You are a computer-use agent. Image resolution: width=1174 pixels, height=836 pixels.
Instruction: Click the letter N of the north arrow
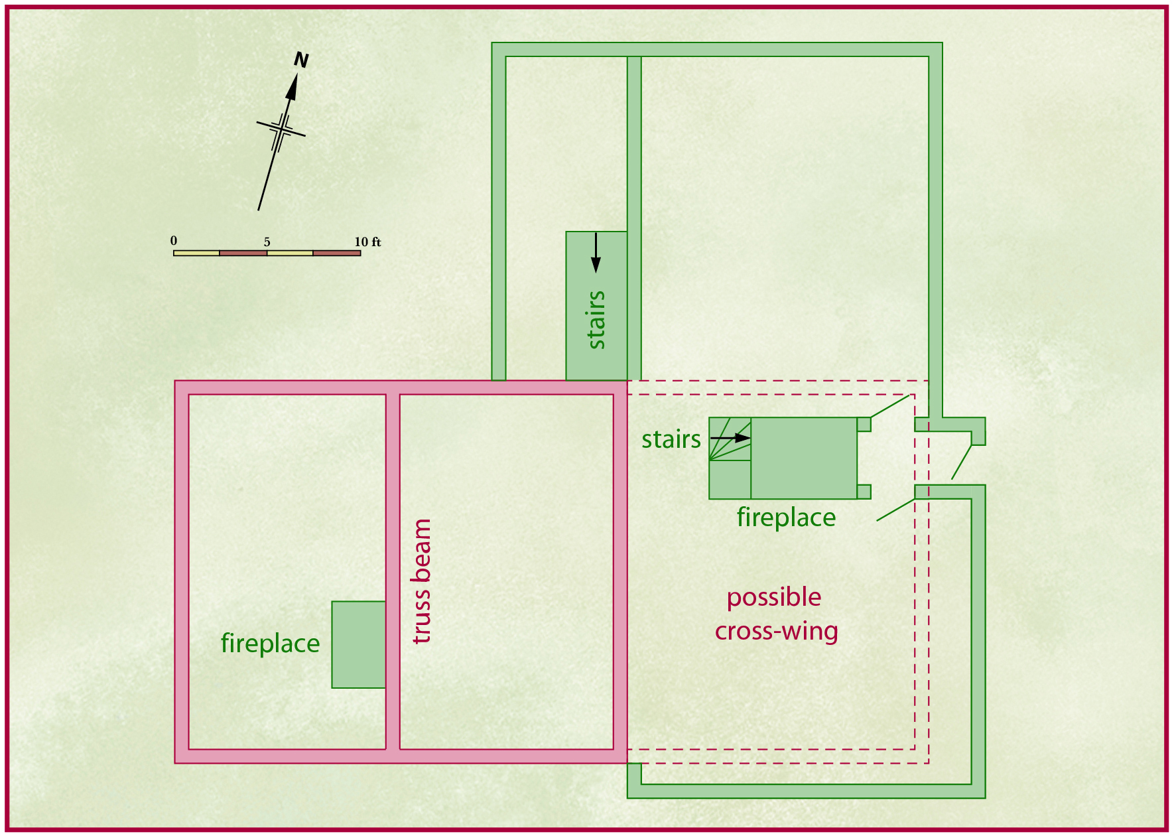pyautogui.click(x=301, y=60)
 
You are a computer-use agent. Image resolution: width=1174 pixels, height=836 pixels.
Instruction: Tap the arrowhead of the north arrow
pyautogui.click(x=292, y=87)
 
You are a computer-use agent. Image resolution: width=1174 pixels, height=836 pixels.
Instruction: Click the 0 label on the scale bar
pyautogui.click(x=174, y=241)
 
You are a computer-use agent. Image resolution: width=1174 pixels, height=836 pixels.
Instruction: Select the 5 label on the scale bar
pyautogui.click(x=267, y=242)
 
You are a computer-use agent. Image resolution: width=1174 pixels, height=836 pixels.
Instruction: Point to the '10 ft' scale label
pyautogui.click(x=367, y=242)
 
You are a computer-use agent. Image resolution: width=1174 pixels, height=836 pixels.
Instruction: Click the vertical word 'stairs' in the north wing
pyautogui.click(x=596, y=320)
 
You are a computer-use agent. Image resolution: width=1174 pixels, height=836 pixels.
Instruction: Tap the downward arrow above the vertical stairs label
pyautogui.click(x=596, y=253)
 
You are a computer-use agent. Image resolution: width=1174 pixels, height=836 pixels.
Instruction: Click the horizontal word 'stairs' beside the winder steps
pyautogui.click(x=671, y=439)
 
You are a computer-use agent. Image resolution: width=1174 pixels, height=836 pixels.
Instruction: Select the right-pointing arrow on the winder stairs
pyautogui.click(x=730, y=438)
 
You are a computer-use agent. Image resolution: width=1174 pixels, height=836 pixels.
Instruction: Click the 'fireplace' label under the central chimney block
pyautogui.click(x=786, y=517)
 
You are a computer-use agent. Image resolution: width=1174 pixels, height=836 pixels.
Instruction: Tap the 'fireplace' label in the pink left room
pyautogui.click(x=270, y=643)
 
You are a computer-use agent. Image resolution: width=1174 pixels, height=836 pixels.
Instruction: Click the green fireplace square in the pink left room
pyautogui.click(x=359, y=645)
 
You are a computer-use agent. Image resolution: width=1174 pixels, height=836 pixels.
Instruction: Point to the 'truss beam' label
pyautogui.click(x=421, y=581)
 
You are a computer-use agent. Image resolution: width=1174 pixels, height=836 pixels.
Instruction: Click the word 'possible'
pyautogui.click(x=774, y=598)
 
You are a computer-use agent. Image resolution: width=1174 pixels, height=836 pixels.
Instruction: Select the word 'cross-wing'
pyautogui.click(x=776, y=631)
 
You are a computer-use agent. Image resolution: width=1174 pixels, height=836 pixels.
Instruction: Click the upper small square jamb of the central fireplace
pyautogui.click(x=864, y=425)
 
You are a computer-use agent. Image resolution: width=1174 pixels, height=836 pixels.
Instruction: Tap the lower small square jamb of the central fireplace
pyautogui.click(x=864, y=492)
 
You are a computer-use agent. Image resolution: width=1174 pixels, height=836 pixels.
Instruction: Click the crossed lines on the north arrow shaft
pyautogui.click(x=281, y=129)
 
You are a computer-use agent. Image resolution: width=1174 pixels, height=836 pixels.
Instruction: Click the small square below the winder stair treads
pyautogui.click(x=730, y=480)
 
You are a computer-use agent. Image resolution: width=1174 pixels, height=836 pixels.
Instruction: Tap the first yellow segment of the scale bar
pyautogui.click(x=196, y=253)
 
